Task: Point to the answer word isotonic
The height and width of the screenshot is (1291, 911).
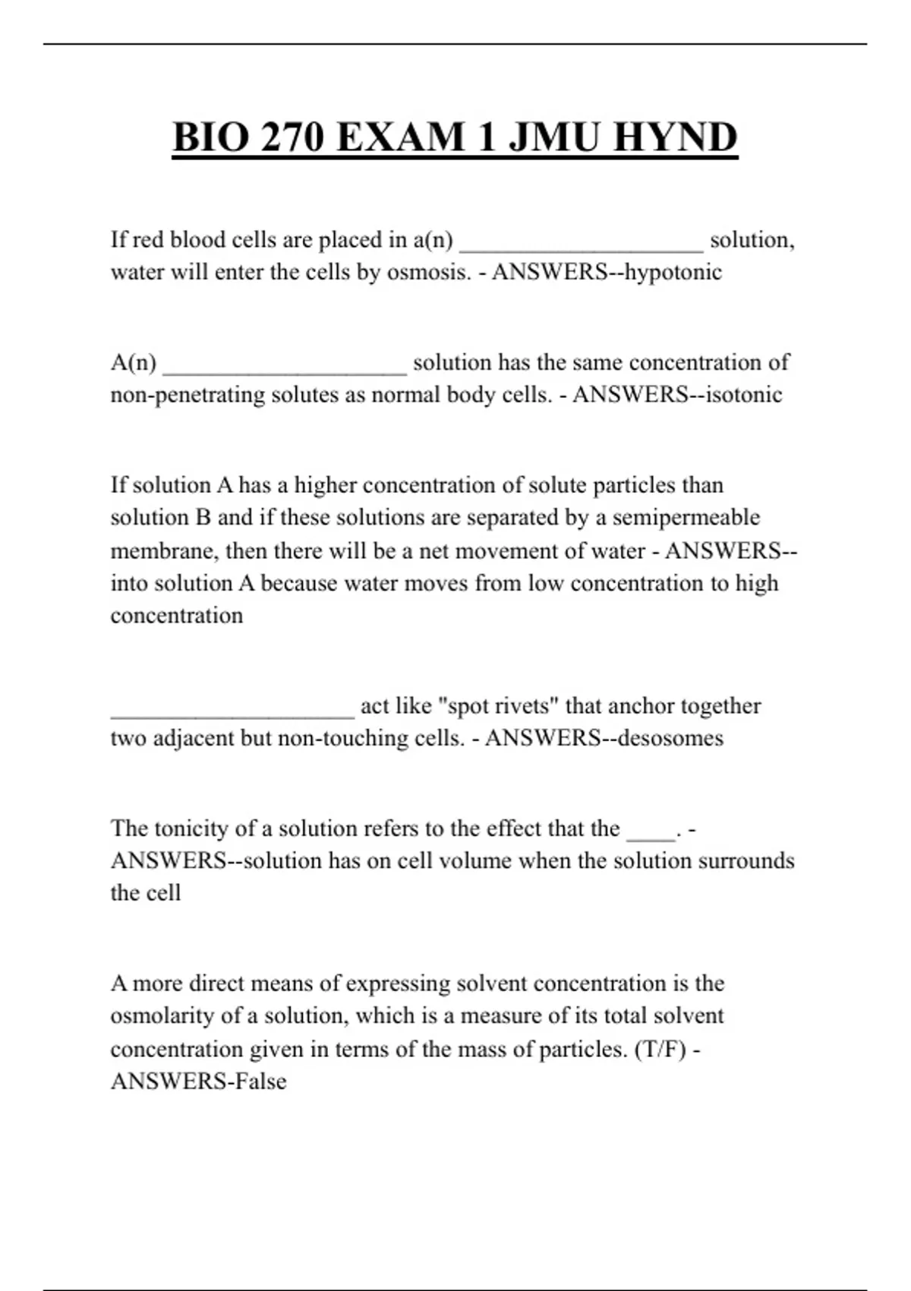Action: tap(744, 395)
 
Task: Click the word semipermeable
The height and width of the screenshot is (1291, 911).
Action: tap(686, 518)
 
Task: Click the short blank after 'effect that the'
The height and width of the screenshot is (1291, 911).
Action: tap(651, 834)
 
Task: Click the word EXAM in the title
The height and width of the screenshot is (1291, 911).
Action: tap(399, 137)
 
